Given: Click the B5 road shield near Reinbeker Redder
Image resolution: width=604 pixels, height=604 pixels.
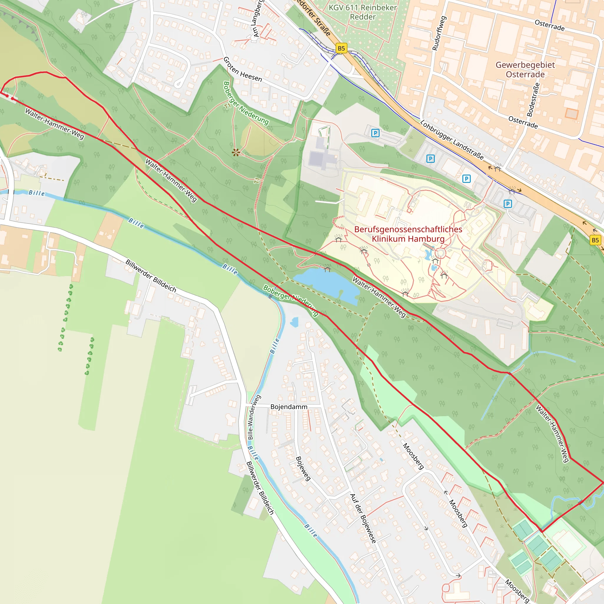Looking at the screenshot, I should tap(342, 48).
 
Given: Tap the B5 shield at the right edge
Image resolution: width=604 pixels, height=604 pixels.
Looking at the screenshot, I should tap(595, 240).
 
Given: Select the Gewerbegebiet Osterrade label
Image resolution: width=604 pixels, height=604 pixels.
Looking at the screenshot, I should tap(525, 69).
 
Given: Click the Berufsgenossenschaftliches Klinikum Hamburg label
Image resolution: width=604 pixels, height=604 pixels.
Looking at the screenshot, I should tap(408, 234).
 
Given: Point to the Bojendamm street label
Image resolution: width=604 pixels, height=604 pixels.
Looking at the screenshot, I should tap(288, 407).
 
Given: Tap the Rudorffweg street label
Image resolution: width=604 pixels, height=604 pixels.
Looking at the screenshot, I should tap(439, 33).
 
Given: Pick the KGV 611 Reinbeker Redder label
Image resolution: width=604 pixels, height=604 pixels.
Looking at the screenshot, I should tap(363, 12).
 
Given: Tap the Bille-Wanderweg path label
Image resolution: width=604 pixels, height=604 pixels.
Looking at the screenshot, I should tap(254, 417).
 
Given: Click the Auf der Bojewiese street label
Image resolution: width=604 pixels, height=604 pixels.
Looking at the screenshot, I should tap(363, 518).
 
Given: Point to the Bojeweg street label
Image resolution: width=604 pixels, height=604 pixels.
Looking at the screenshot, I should tap(303, 468).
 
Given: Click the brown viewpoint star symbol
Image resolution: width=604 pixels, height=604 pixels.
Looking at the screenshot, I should tap(236, 152).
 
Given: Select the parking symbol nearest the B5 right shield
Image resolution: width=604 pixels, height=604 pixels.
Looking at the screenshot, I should tap(508, 204).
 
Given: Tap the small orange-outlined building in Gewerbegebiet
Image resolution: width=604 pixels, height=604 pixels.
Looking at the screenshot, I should tap(571, 114).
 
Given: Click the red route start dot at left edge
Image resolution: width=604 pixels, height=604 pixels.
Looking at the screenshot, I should tap(7, 96).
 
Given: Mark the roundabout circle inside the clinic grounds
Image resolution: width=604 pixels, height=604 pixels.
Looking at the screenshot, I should tap(441, 253).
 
